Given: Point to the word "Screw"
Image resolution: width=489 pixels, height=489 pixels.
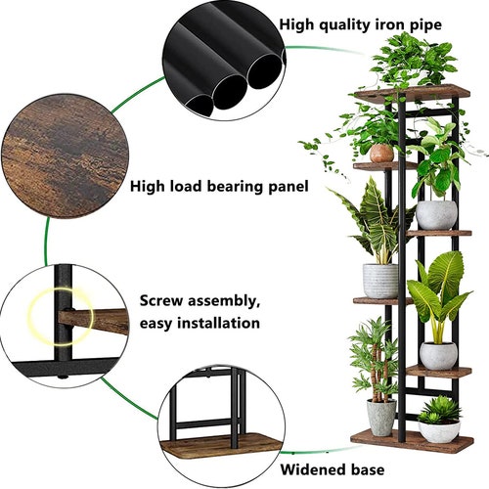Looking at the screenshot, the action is pyautogui.click(x=160, y=300).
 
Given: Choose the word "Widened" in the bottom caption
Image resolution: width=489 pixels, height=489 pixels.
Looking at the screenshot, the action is pyautogui.click(x=313, y=469).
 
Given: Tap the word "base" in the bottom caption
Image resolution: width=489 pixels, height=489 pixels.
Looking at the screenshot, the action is pyautogui.click(x=367, y=469).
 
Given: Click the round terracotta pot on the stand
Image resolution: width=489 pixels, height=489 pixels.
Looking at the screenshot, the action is pyautogui.click(x=381, y=154).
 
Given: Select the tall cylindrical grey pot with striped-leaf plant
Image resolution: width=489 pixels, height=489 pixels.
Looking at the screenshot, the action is pyautogui.click(x=380, y=281).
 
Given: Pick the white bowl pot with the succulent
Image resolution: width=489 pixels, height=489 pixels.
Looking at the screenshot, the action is pyautogui.click(x=439, y=431).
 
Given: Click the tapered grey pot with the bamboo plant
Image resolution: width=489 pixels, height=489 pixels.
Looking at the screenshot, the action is pyautogui.click(x=381, y=418).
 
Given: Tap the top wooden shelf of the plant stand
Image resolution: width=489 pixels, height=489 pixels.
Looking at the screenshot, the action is pyautogui.click(x=413, y=92).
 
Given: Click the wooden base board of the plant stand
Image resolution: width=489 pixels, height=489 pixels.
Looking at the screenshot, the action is pyautogui.click(x=412, y=441).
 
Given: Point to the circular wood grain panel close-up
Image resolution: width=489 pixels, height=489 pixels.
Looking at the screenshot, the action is pyautogui.click(x=65, y=156).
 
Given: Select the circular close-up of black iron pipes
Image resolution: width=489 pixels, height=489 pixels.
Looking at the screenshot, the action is pyautogui.click(x=224, y=61).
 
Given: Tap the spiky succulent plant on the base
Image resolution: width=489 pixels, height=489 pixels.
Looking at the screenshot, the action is pyautogui.click(x=439, y=410).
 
